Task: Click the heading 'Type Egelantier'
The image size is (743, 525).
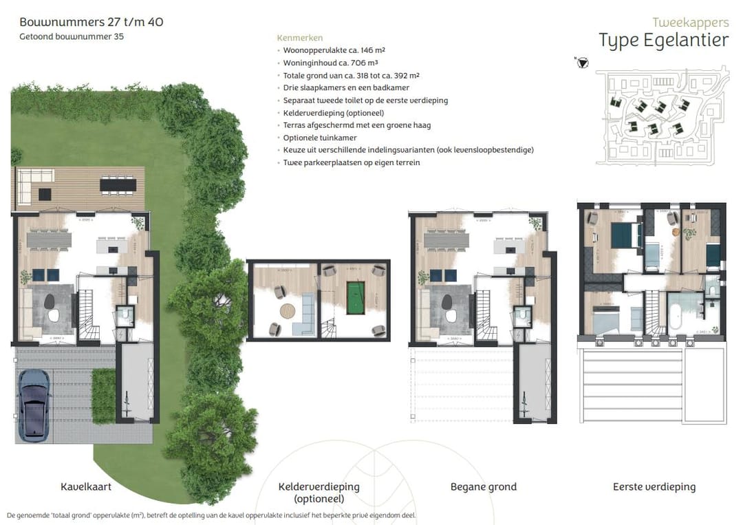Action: tap(663, 41)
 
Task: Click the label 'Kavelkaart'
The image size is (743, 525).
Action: tap(86, 486)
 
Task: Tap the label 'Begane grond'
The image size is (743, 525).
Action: tap(483, 486)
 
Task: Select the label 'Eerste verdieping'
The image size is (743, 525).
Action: tap(654, 486)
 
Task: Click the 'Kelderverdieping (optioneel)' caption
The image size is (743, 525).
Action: tap(319, 492)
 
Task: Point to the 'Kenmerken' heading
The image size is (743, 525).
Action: tap(299, 38)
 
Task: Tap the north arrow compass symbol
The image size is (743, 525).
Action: tap(583, 63)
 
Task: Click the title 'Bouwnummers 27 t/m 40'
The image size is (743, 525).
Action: tap(91, 22)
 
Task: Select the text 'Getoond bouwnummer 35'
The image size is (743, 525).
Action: tap(72, 36)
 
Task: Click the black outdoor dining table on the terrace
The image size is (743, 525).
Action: tap(118, 184)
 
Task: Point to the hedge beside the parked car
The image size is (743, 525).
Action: tap(103, 396)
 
